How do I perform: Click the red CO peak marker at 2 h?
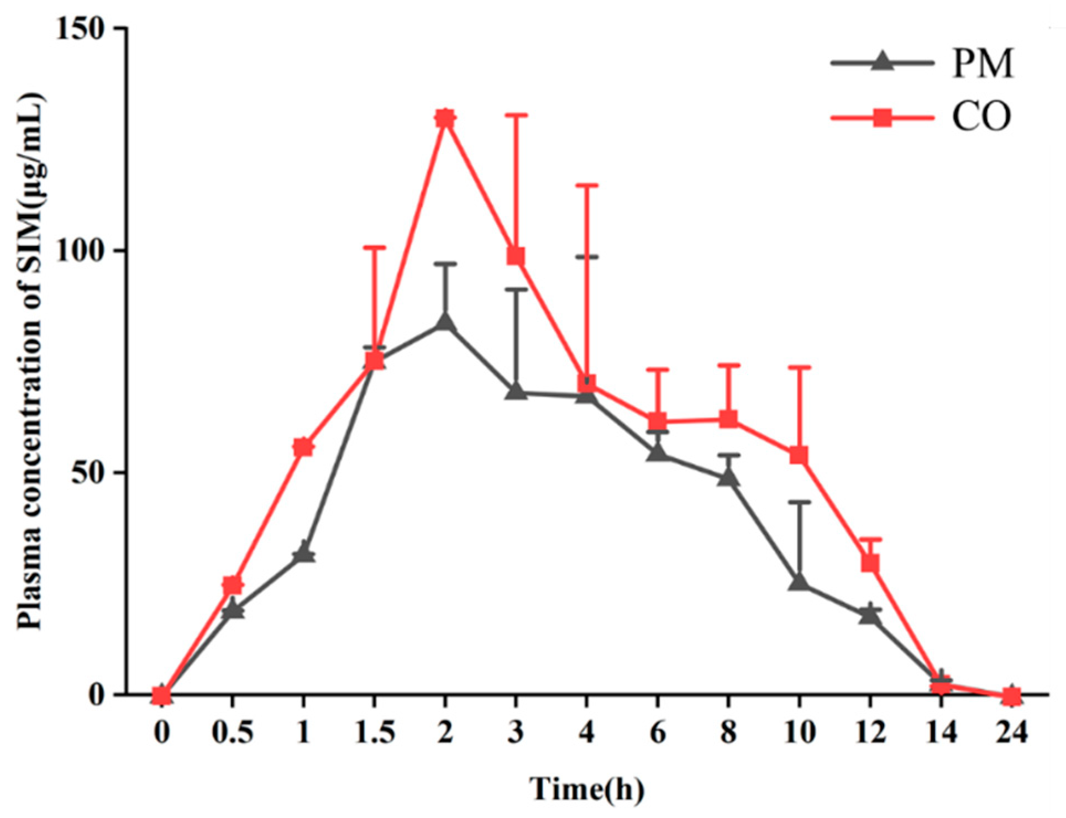point(445,119)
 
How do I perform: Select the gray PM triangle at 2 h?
point(445,322)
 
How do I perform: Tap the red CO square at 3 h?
point(516,256)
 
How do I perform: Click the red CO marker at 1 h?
point(303,447)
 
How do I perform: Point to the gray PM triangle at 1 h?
point(303,553)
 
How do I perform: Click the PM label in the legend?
point(983,64)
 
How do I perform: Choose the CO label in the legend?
point(981,117)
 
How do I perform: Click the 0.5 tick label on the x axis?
point(233,732)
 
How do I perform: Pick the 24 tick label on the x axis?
point(1011,732)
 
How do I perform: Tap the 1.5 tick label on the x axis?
point(374,732)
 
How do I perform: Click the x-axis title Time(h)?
point(587,788)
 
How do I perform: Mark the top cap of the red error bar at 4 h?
point(586,186)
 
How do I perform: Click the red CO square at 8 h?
point(728,419)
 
